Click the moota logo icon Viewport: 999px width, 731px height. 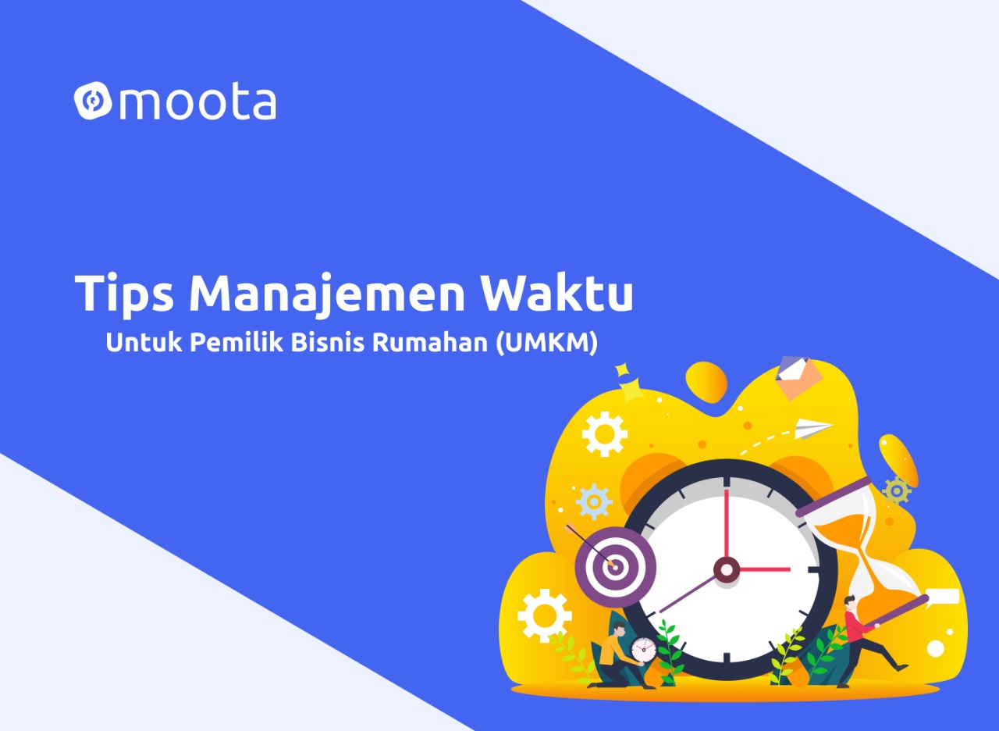pos(93,102)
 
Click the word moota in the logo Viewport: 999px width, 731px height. pos(197,103)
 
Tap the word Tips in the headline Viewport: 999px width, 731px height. pos(124,294)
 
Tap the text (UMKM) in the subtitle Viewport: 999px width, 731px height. pos(547,343)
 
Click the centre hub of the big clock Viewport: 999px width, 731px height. pos(727,569)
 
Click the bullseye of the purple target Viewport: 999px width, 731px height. pos(615,567)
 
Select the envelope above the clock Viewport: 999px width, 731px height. pos(798,377)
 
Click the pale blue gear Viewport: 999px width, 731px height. pos(594,501)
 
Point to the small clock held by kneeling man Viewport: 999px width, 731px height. pos(644,651)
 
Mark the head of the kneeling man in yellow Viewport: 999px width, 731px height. pos(620,629)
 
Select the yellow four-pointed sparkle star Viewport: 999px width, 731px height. pos(631,390)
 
